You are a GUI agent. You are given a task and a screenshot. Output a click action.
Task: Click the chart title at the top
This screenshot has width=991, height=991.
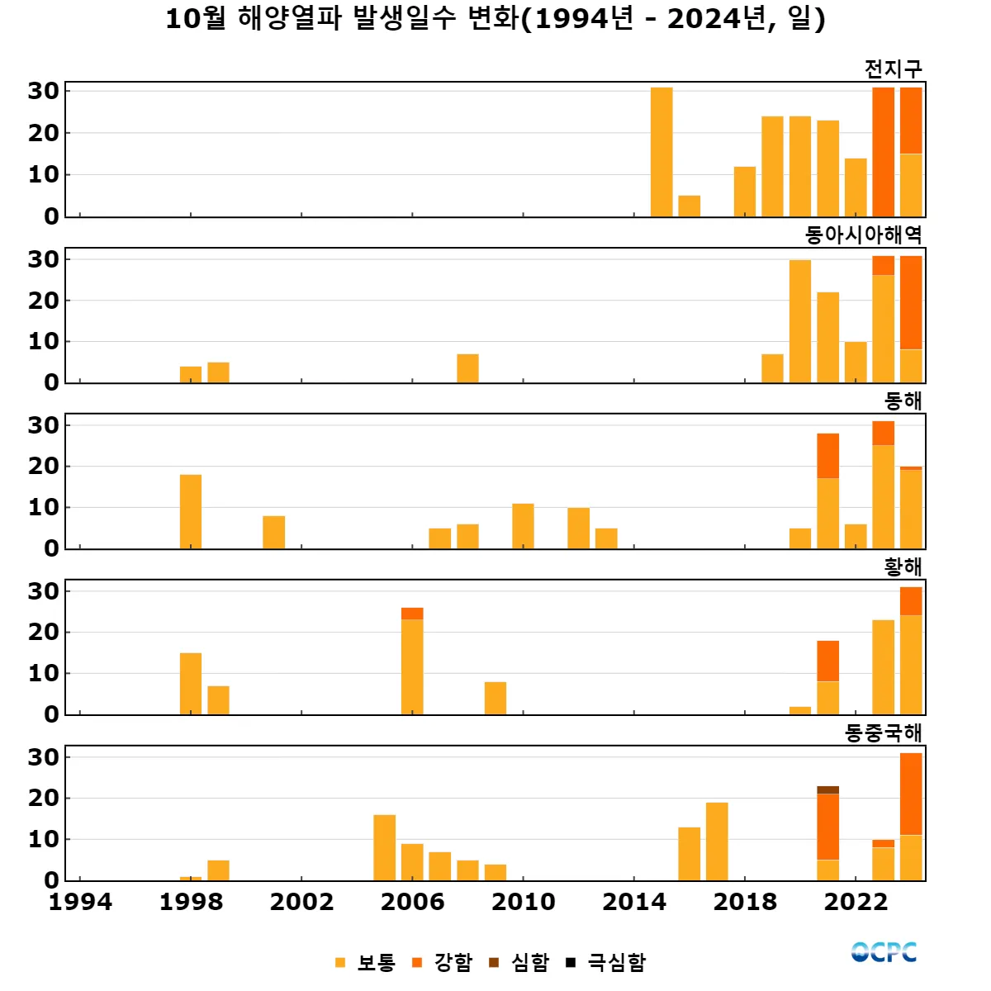pyautogui.click(x=495, y=18)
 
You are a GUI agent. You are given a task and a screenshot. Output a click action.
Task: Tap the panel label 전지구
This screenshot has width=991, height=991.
pyautogui.click(x=893, y=69)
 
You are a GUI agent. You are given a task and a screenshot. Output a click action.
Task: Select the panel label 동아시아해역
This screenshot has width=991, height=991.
pyautogui.click(x=863, y=235)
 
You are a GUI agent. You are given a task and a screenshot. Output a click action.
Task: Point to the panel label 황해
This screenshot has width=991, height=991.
pyautogui.click(x=903, y=567)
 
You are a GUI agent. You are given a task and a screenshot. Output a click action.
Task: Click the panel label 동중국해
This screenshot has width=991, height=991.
pyautogui.click(x=883, y=733)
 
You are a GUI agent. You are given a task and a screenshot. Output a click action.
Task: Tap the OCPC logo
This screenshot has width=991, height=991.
pyautogui.click(x=884, y=952)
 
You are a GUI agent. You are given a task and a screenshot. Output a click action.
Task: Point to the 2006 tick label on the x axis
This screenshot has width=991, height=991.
pyautogui.click(x=412, y=902)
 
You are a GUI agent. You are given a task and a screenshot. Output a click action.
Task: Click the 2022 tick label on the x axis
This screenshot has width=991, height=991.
pyautogui.click(x=856, y=902)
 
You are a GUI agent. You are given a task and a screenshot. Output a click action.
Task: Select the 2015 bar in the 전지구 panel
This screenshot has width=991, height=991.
pyautogui.click(x=661, y=152)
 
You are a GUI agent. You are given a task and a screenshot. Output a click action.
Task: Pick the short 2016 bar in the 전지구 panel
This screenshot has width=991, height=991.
pyautogui.click(x=690, y=206)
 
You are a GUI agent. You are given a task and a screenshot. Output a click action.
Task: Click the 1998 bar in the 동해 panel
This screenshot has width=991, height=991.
pyautogui.click(x=191, y=511)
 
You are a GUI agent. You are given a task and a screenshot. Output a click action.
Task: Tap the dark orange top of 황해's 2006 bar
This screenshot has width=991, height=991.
pyautogui.click(x=412, y=614)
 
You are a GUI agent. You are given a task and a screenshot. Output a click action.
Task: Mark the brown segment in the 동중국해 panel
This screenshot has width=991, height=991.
pyautogui.click(x=827, y=790)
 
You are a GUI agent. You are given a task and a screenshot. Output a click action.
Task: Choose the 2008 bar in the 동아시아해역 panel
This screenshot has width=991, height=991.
pyautogui.click(x=467, y=368)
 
